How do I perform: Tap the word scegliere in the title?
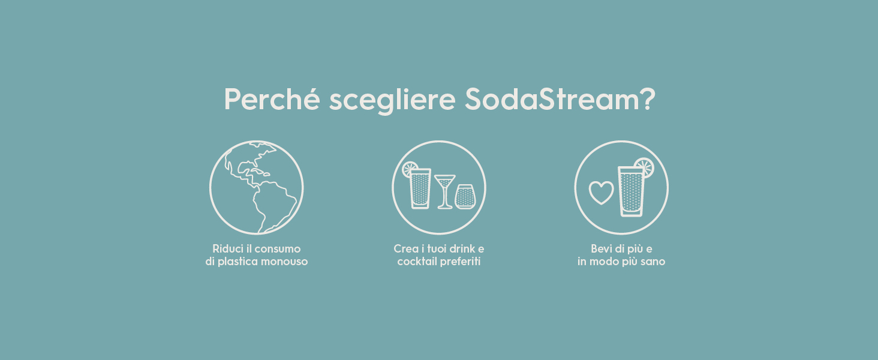click(392, 100)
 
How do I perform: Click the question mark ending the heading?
click(647, 99)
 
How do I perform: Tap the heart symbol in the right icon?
click(601, 193)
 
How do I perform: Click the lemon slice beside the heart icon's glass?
click(644, 167)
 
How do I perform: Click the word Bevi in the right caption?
click(602, 248)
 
